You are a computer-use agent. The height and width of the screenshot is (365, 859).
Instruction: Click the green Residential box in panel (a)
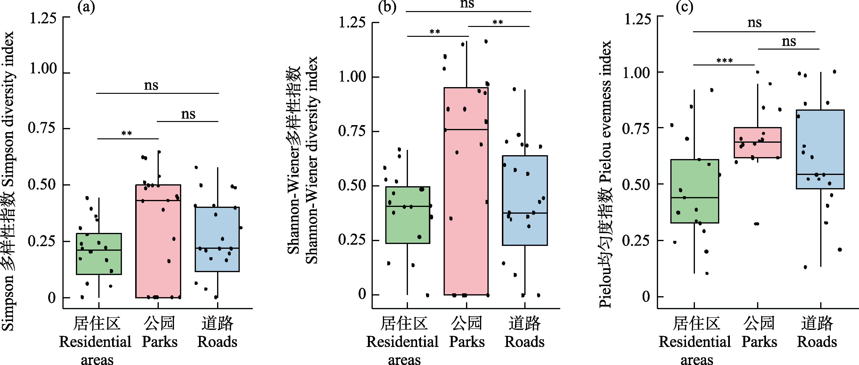click(99, 254)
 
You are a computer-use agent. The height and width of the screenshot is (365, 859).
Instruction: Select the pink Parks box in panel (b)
click(466, 191)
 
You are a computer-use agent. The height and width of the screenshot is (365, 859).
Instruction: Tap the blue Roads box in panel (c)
click(820, 149)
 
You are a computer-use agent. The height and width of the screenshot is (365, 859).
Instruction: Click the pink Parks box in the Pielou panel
click(758, 142)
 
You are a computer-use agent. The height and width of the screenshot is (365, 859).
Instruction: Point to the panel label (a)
click(86, 7)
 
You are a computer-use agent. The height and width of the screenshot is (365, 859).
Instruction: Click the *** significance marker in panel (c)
click(725, 61)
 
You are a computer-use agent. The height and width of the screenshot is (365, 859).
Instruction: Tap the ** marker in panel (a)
click(127, 134)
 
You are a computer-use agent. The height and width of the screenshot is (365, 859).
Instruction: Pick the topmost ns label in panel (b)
click(467, 4)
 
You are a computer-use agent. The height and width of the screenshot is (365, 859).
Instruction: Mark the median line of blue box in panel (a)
click(217, 248)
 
